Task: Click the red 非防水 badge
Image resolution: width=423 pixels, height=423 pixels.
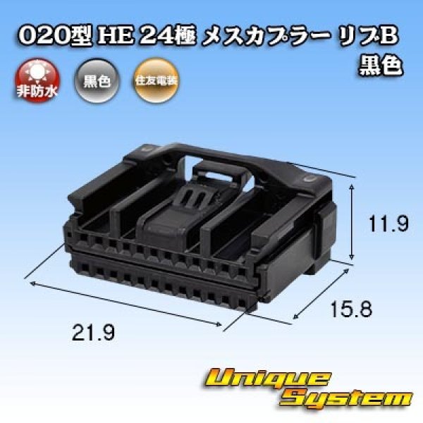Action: click(x=37, y=80)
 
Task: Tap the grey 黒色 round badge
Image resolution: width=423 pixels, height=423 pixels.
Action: click(x=97, y=80)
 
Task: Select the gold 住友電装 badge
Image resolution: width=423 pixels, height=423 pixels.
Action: click(x=157, y=80)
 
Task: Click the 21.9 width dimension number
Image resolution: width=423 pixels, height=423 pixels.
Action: click(x=93, y=332)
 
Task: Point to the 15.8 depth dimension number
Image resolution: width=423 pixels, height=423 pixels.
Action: click(x=351, y=309)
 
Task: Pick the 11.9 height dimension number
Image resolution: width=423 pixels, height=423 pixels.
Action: click(x=388, y=224)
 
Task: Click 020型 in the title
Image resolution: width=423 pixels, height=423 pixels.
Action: click(x=54, y=36)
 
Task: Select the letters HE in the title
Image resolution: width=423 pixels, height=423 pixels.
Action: click(x=116, y=36)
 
